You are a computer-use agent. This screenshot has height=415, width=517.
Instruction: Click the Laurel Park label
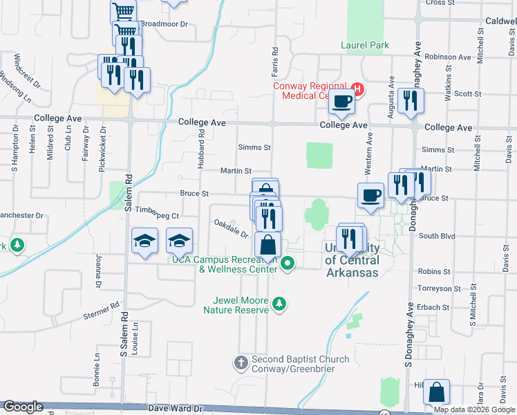click(x=365, y=46)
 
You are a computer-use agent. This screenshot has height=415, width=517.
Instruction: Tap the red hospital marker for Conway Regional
click(x=357, y=89)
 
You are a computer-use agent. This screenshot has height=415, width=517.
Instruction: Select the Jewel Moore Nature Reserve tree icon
click(x=279, y=304)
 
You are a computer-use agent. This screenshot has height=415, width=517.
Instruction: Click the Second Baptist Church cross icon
click(x=241, y=362)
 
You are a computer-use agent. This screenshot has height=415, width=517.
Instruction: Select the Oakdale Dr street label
click(x=232, y=228)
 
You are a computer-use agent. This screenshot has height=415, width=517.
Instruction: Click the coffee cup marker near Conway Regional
click(x=341, y=102)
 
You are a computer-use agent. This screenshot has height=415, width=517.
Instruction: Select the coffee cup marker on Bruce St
click(x=370, y=195)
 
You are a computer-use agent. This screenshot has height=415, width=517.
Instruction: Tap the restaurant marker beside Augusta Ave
click(x=411, y=101)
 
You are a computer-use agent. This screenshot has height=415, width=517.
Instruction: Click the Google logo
click(x=23, y=407)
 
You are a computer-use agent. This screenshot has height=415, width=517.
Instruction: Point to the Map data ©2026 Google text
click(x=474, y=409)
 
